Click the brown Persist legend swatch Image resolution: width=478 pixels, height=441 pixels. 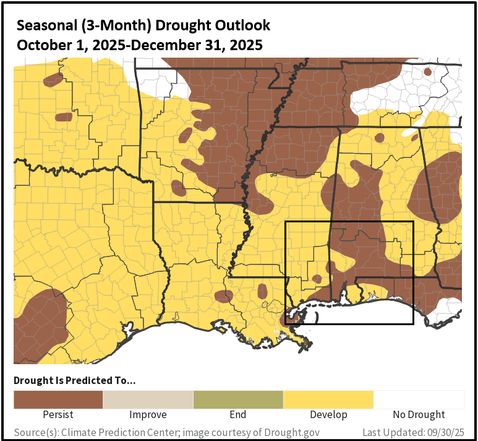(x=58, y=400)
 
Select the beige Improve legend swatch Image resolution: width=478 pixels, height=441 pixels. (x=148, y=400)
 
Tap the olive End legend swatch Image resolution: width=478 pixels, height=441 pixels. (x=238, y=400)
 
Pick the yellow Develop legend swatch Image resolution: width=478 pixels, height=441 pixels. (x=328, y=400)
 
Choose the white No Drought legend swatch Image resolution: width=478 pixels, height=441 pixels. (x=419, y=400)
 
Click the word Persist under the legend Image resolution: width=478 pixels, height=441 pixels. (x=58, y=415)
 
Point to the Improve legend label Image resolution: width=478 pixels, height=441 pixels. (x=148, y=415)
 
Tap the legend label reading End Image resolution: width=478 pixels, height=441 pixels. (x=238, y=415)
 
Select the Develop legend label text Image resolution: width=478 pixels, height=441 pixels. (x=328, y=415)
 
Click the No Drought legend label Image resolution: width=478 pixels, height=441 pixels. (x=419, y=415)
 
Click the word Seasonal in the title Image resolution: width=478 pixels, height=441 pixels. (x=44, y=26)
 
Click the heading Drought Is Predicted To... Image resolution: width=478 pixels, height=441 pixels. (x=75, y=380)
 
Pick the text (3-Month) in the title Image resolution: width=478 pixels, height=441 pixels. (x=114, y=26)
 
